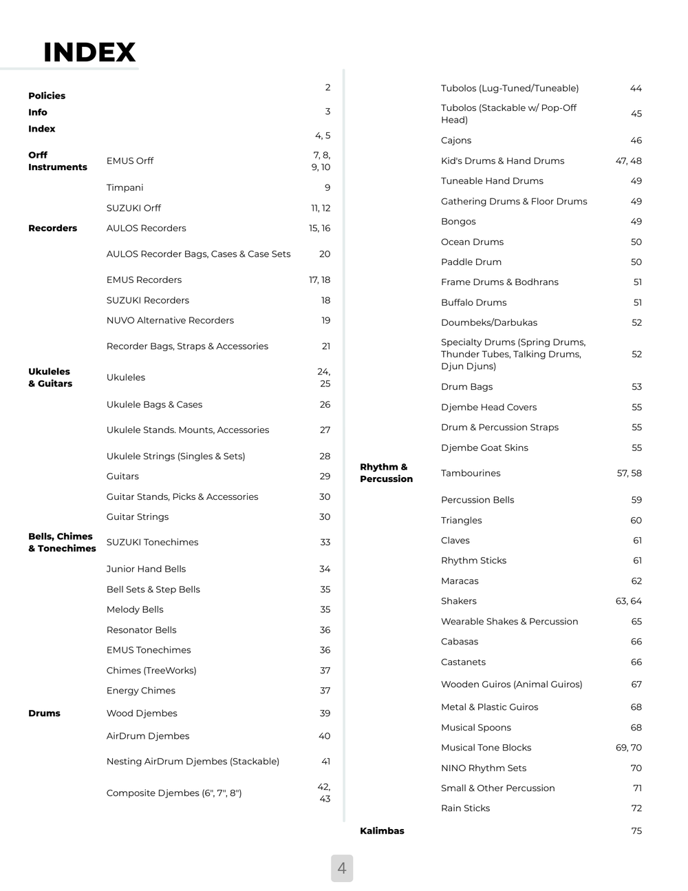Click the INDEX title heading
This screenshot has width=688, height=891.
(x=89, y=52)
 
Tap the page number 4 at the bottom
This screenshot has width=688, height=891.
(x=342, y=868)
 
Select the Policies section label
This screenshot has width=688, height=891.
(x=47, y=96)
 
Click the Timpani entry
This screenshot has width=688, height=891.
(x=125, y=187)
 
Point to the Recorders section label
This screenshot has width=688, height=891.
(x=52, y=228)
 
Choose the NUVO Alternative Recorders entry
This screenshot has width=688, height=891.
(x=170, y=320)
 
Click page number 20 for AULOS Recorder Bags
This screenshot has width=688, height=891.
(x=325, y=254)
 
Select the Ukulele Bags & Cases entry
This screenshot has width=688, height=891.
(x=154, y=404)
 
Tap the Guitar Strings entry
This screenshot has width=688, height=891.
(x=138, y=516)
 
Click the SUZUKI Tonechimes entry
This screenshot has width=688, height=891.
(x=152, y=542)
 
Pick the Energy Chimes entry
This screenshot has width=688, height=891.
(x=140, y=691)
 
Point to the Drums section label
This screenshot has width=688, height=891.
(x=44, y=713)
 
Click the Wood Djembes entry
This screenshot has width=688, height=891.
(x=142, y=713)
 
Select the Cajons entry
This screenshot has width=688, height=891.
(x=456, y=140)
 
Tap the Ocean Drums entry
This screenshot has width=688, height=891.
(x=472, y=242)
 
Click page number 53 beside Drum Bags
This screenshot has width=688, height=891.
(x=636, y=387)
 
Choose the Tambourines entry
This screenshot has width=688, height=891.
(x=471, y=473)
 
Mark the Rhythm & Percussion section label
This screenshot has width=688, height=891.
(x=386, y=473)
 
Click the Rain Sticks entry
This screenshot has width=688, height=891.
(x=465, y=808)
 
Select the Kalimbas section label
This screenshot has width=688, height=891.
(x=382, y=831)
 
